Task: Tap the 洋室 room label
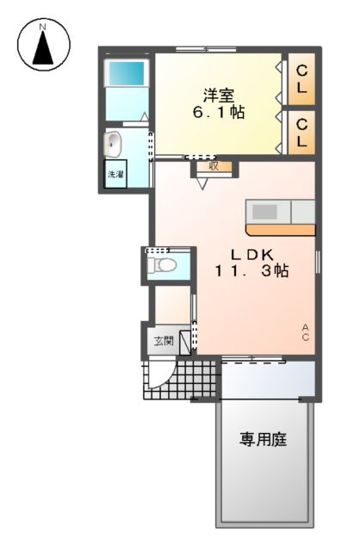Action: pos(217,96)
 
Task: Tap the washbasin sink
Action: pos(115,144)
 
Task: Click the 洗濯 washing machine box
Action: pos(115,174)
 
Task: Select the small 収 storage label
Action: pos(213,166)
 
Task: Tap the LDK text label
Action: pos(251,254)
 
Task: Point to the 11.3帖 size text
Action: pos(252,271)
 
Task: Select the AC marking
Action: pos(306,331)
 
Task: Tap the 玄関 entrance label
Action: pos(163,341)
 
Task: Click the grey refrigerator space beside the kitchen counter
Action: pos(303,211)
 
